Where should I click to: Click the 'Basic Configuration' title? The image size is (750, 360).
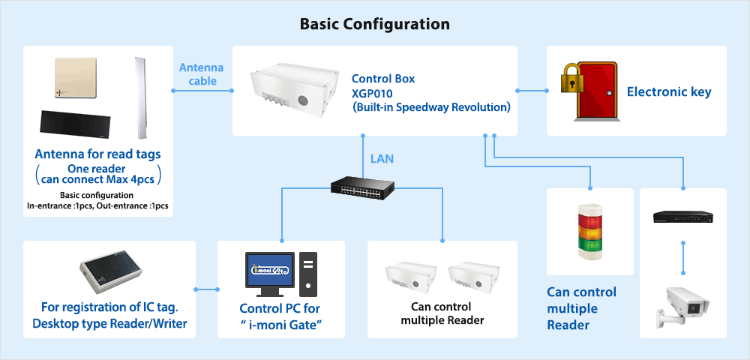(375, 23)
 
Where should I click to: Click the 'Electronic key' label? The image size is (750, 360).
(669, 92)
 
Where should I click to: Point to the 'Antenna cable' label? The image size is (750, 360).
(198, 73)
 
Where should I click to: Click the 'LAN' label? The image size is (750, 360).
(382, 158)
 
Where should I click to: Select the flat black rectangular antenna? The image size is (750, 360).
(79, 124)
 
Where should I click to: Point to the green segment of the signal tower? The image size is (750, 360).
(589, 241)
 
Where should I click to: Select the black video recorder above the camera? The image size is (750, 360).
(682, 216)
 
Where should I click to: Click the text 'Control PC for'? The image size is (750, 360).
(280, 309)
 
